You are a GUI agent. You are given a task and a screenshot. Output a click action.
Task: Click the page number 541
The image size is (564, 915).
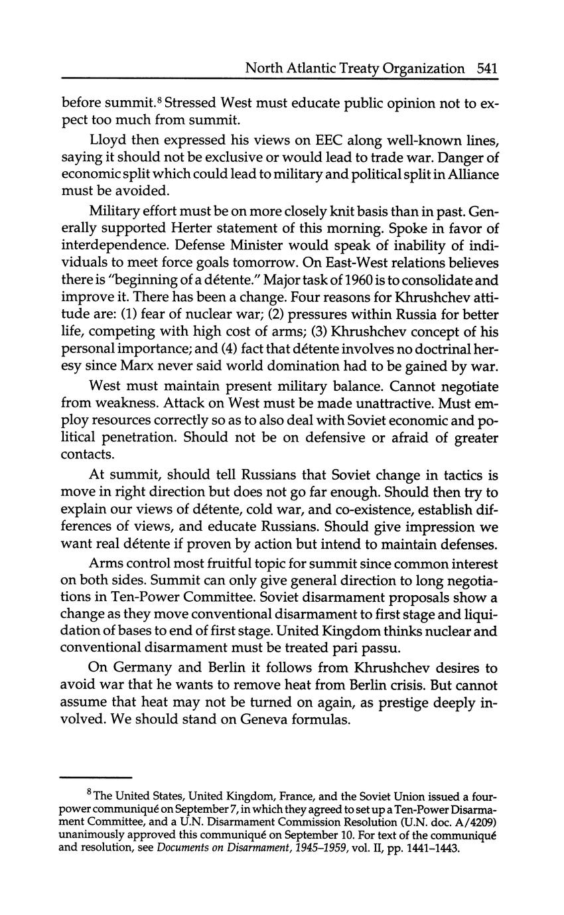point(486,68)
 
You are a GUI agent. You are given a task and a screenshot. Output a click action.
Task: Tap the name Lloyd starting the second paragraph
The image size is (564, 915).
point(106,141)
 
